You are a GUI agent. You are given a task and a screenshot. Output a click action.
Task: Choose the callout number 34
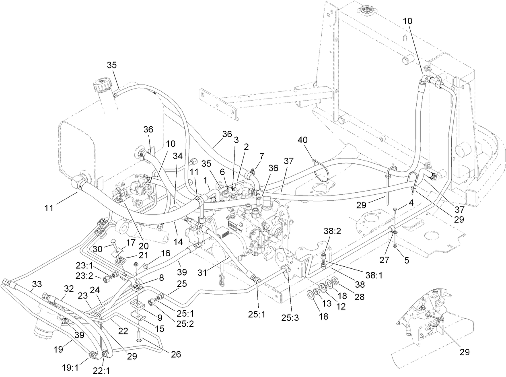(x=177, y=156)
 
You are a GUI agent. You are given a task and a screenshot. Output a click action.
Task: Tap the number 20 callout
(x=144, y=246)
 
